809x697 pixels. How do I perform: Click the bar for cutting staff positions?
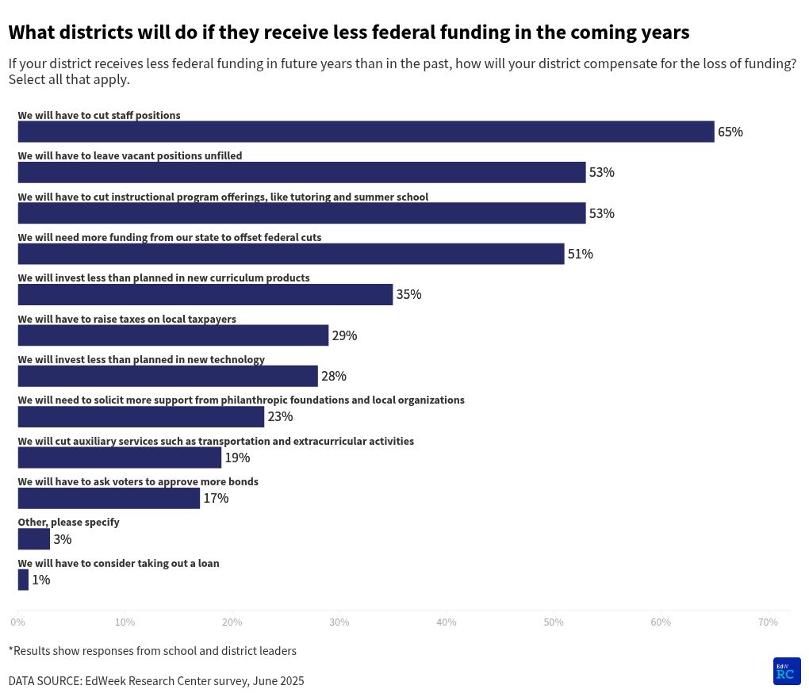[x=366, y=132]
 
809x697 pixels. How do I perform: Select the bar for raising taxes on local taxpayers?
[x=173, y=335]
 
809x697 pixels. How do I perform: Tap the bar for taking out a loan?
[x=23, y=580]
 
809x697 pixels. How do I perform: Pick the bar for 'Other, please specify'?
[x=33, y=539]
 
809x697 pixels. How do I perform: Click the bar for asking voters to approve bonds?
[x=109, y=498]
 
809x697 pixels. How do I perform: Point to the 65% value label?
[x=730, y=132]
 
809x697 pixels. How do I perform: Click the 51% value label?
[x=580, y=254]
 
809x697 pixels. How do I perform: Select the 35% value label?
[x=408, y=294]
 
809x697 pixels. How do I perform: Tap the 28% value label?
[x=334, y=376]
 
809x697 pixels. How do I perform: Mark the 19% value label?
[x=237, y=458]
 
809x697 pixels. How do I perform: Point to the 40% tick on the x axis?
[x=447, y=622]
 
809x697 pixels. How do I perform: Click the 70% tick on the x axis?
[x=768, y=622]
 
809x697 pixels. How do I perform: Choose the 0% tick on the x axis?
[x=17, y=622]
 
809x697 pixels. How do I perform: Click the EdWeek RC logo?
[x=787, y=671]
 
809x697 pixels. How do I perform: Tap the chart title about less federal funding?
[x=349, y=33]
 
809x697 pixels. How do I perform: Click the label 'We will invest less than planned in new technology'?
[x=141, y=359]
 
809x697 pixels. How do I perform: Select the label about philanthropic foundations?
[x=241, y=400]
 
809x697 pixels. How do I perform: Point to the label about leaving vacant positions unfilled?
[x=130, y=155]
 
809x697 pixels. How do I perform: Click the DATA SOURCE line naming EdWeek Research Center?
[x=156, y=681]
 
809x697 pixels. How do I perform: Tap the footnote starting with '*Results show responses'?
[x=152, y=651]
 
